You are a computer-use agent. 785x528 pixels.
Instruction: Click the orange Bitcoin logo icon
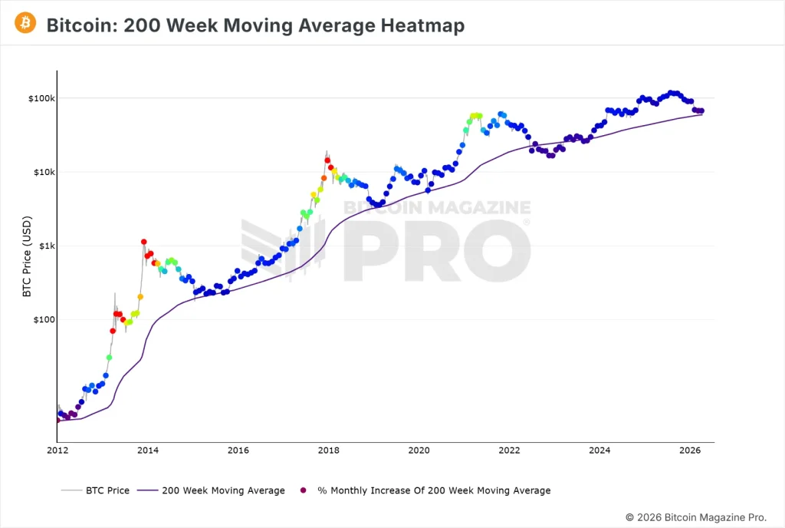point(25,24)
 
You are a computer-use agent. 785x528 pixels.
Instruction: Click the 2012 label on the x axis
point(58,450)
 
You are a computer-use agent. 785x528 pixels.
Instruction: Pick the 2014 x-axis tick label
point(148,450)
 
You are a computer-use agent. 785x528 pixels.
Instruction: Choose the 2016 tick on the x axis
point(238,450)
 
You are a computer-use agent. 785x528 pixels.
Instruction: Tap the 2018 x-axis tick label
point(328,450)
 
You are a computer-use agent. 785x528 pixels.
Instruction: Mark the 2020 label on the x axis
point(419,450)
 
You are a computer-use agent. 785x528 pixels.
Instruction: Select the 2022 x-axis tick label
point(509,450)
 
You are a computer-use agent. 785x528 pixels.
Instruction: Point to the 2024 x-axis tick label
point(599,450)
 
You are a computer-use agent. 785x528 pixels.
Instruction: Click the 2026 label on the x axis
point(689,450)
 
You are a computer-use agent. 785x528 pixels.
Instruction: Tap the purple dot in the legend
point(303,490)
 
